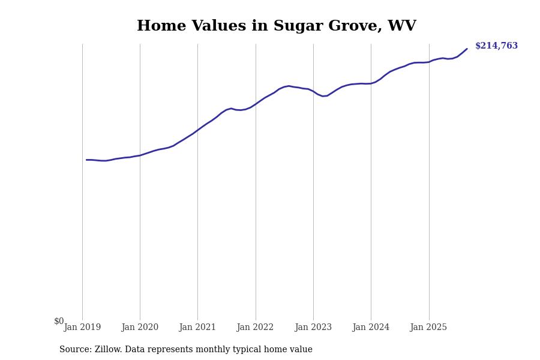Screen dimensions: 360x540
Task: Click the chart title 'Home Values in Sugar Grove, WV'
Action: pyautogui.click(x=276, y=26)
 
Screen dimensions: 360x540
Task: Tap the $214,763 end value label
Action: pyautogui.click(x=496, y=46)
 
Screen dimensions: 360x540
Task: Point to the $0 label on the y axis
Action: pyautogui.click(x=59, y=321)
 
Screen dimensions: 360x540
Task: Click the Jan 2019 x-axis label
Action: pyautogui.click(x=82, y=328)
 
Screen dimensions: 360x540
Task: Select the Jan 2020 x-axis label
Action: pyautogui.click(x=140, y=328)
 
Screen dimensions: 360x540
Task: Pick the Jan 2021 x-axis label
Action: pyautogui.click(x=197, y=328)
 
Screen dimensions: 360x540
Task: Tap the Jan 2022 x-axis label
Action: pyautogui.click(x=255, y=328)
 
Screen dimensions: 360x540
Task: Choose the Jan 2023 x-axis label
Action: pyautogui.click(x=313, y=328)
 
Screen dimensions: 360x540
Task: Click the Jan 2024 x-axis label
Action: pyautogui.click(x=371, y=328)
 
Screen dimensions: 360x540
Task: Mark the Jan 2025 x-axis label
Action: pyautogui.click(x=428, y=328)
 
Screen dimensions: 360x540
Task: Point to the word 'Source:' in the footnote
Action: pyautogui.click(x=76, y=350)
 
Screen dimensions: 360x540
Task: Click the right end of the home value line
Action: pyautogui.click(x=467, y=49)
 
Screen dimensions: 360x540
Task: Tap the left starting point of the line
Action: pyautogui.click(x=86, y=160)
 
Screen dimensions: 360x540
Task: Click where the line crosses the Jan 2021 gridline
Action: pyautogui.click(x=197, y=130)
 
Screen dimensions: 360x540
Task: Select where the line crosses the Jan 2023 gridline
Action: pyautogui.click(x=313, y=91)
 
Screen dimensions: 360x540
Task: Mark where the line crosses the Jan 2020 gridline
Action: pyautogui.click(x=140, y=155)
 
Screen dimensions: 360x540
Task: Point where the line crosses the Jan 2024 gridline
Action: pyautogui.click(x=371, y=83)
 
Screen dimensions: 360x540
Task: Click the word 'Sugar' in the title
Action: pyautogui.click(x=294, y=26)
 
